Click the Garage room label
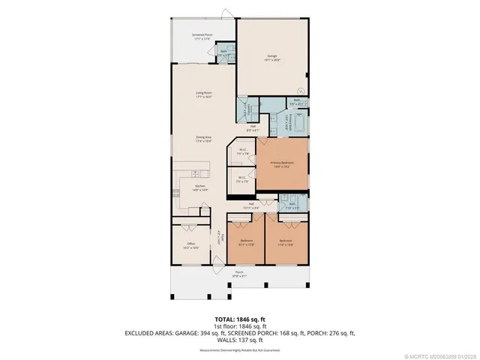tap(271, 58)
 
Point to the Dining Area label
tap(202, 139)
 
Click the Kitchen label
tap(200, 187)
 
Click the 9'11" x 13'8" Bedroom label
tap(246, 242)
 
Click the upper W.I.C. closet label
tap(244, 151)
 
